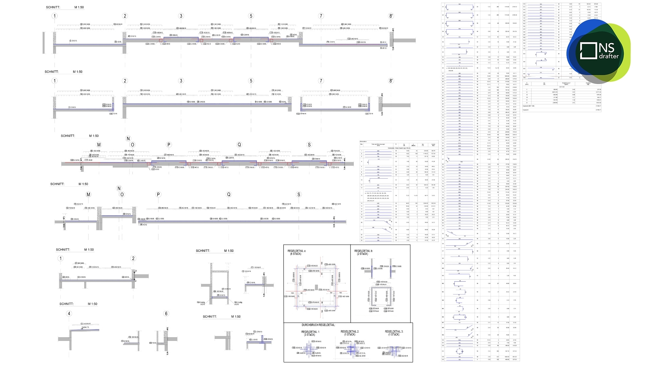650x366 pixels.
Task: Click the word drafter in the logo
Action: (x=609, y=56)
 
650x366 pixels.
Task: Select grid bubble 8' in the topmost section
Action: (x=391, y=16)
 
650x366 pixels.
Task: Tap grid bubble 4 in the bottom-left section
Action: (x=69, y=313)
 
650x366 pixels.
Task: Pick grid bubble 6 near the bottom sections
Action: (x=166, y=313)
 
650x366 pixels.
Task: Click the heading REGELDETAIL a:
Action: (x=297, y=251)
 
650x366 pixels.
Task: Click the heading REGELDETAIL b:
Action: (x=363, y=251)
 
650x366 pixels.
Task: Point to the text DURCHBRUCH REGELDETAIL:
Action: (x=318, y=325)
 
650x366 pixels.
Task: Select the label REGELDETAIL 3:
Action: (x=394, y=331)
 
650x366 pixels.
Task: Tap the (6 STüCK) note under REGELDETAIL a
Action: (x=296, y=254)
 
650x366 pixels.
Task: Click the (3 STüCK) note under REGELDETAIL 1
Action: (x=309, y=335)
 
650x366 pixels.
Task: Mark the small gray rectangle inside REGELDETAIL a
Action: (x=316, y=287)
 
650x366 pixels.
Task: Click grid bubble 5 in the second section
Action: (x=251, y=81)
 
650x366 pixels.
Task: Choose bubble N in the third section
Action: (x=128, y=138)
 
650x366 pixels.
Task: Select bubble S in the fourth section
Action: (x=299, y=195)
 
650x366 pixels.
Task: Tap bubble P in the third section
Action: (x=169, y=145)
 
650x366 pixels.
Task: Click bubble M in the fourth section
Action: (x=88, y=195)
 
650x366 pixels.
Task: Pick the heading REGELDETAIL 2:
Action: (x=350, y=331)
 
